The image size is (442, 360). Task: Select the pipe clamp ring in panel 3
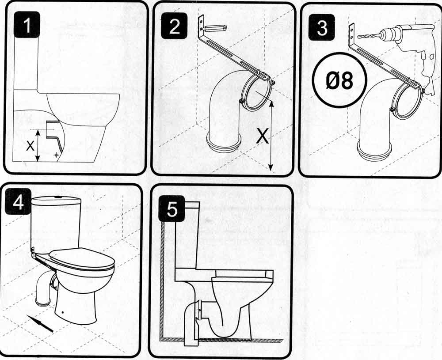408,101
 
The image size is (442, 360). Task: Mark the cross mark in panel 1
55,155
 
